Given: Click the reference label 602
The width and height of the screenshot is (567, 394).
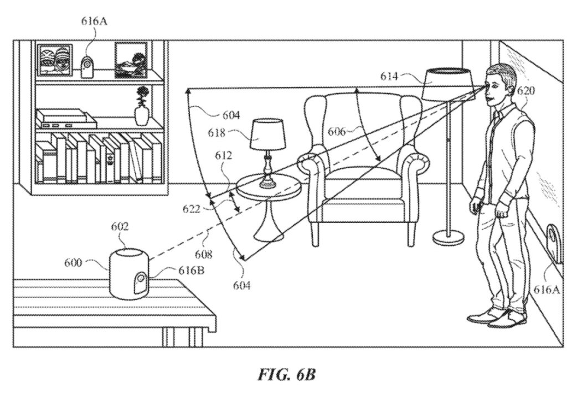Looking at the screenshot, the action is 120,227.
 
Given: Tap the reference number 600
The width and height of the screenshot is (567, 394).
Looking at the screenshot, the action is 73,262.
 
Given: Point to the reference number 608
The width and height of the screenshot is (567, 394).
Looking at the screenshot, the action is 204,255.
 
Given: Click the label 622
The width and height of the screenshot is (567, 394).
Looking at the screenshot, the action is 191,209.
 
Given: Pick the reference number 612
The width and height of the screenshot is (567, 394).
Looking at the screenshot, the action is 224,156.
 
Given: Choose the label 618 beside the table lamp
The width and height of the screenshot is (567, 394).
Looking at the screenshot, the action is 217,133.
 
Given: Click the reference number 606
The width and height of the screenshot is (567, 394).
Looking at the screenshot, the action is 337,132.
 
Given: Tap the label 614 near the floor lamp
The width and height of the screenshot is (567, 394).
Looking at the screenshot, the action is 389,76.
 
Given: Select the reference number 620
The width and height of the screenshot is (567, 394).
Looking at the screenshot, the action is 526,90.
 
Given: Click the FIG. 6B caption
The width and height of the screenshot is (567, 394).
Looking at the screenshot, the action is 286,375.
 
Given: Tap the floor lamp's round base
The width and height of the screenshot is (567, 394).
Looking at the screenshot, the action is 449,237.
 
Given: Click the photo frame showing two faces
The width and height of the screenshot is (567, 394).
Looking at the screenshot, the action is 55,60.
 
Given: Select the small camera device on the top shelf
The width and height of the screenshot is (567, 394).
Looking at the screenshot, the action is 86,67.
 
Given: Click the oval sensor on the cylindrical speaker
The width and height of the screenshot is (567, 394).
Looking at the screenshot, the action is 141,283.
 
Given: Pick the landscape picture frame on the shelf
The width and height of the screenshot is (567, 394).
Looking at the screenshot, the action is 131,60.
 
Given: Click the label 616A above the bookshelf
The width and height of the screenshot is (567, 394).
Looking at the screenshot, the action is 94,22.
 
